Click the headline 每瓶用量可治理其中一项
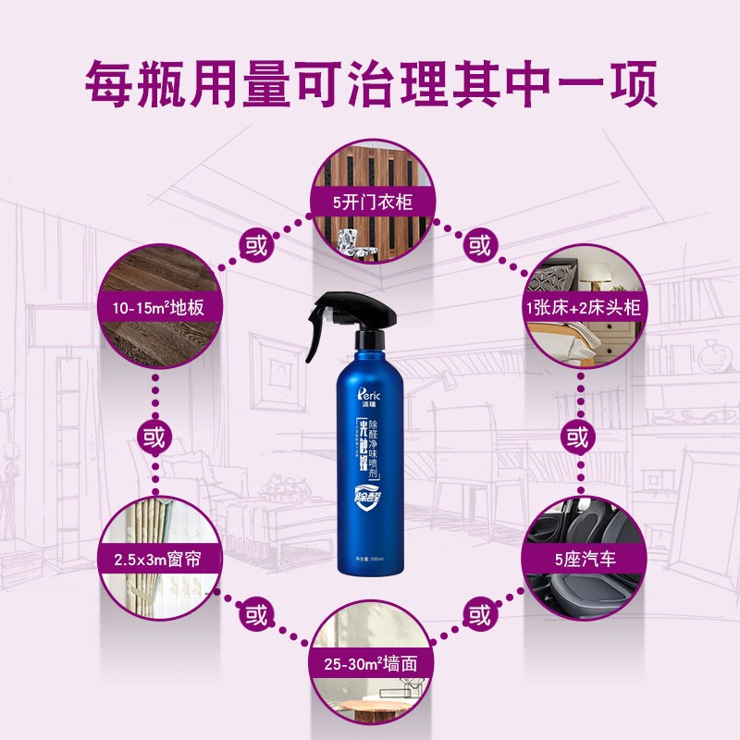(370, 84)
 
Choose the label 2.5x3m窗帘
(156, 561)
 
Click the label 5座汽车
(584, 561)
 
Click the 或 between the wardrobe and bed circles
(479, 245)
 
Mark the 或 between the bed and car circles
(578, 436)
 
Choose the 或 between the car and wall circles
(479, 613)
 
